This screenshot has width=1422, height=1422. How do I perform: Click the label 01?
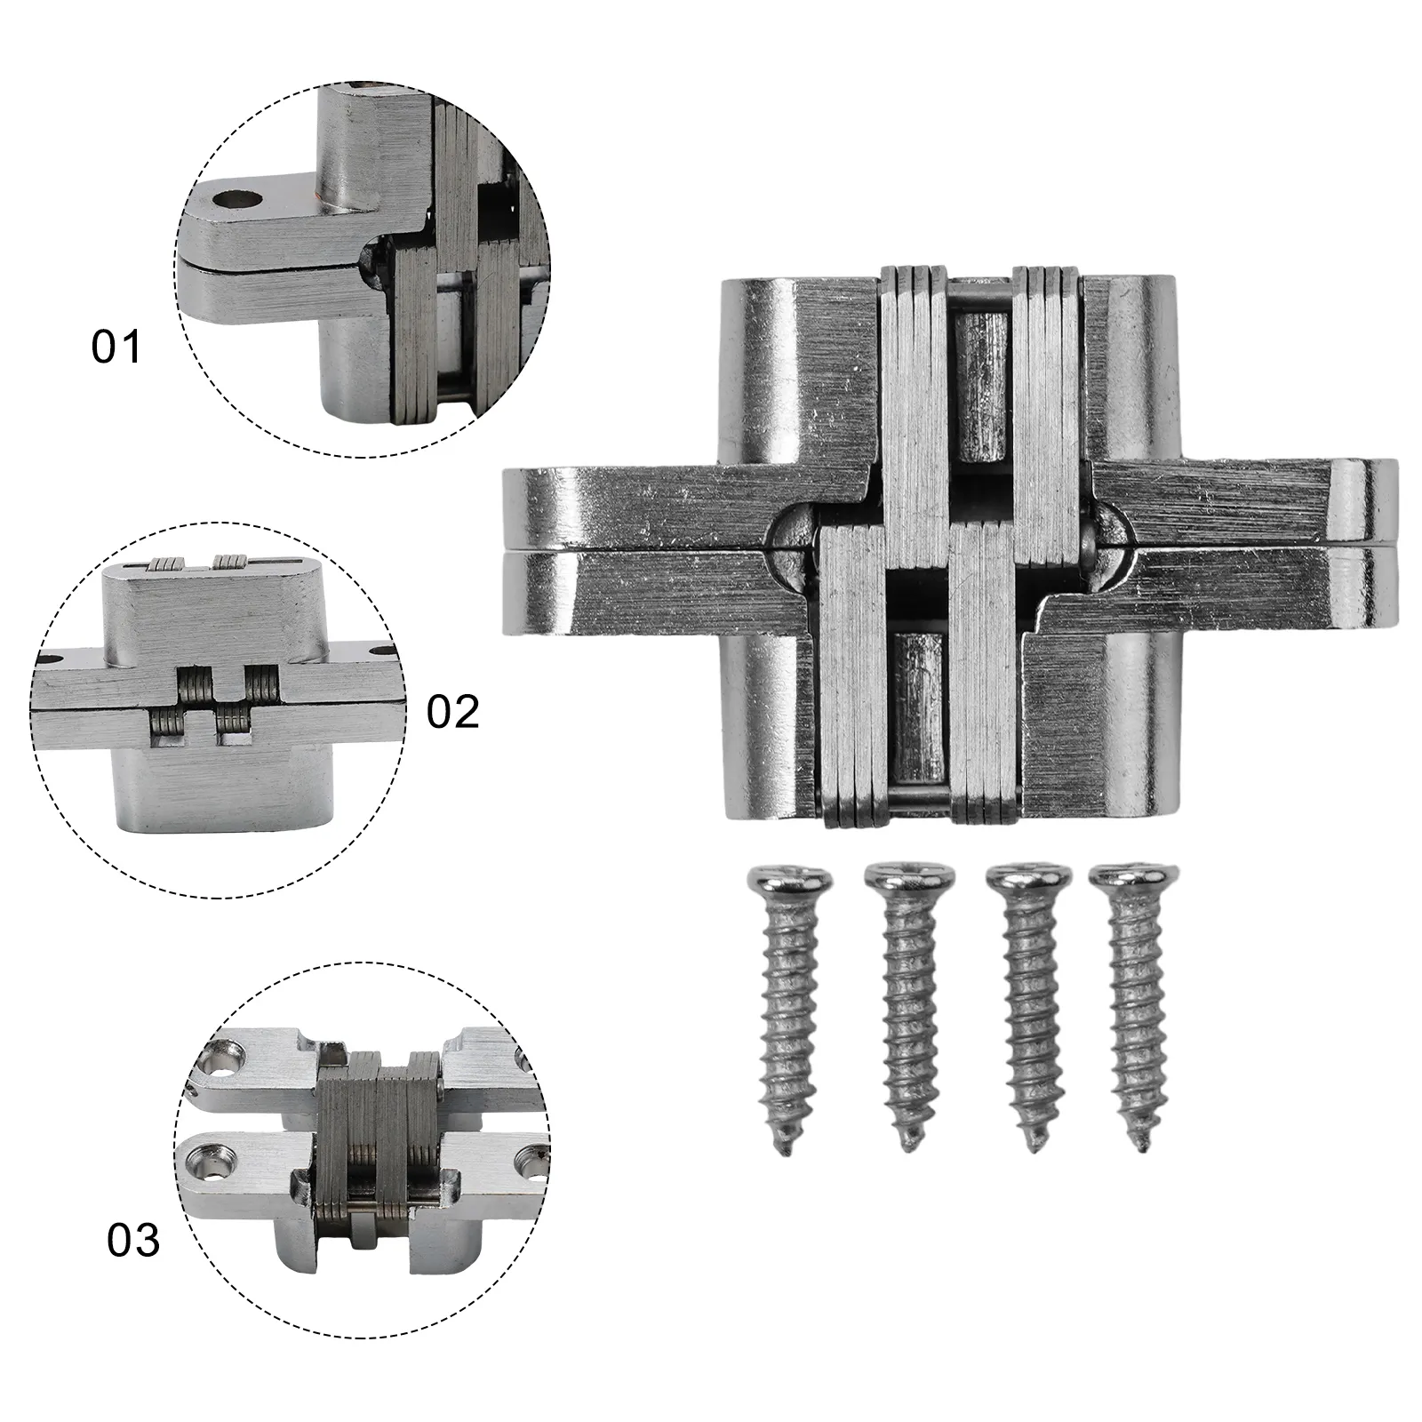116,347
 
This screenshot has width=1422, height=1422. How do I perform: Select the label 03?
133,1240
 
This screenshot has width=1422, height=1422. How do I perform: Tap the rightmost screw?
1130,1004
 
